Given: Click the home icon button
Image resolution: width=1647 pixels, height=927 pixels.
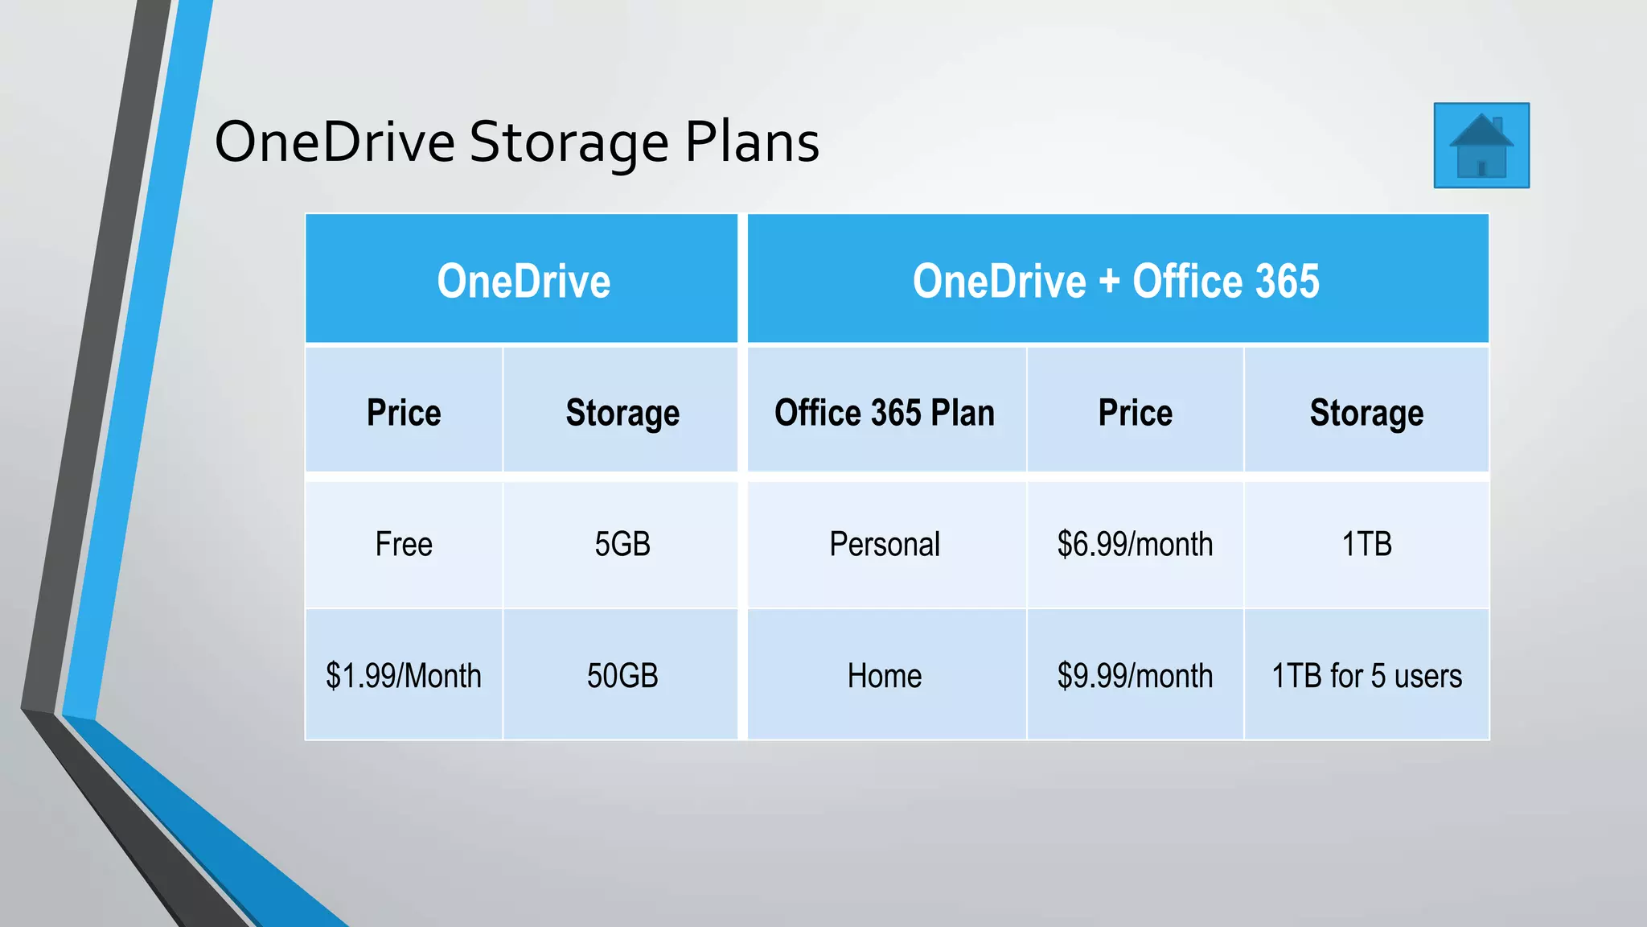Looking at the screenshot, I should (1481, 146).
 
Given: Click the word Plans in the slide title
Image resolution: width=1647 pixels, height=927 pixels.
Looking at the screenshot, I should (752, 142).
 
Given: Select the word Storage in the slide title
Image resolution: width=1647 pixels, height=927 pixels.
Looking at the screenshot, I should (569, 142).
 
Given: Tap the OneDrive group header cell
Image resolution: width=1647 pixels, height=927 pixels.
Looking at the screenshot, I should (524, 281).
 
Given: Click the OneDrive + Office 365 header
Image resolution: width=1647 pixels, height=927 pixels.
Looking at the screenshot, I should (1116, 281).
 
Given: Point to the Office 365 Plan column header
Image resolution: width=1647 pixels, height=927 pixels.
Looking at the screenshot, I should (885, 413).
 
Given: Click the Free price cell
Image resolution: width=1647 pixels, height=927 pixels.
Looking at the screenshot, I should (404, 545).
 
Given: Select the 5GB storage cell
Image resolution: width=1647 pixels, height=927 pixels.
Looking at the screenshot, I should (622, 545).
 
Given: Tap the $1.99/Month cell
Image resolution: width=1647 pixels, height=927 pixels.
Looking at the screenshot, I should (404, 676).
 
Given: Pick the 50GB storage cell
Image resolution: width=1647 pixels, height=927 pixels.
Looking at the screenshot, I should (622, 676).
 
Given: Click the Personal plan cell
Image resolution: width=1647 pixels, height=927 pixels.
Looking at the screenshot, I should (885, 545).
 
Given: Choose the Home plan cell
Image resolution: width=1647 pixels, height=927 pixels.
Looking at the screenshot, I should (885, 676).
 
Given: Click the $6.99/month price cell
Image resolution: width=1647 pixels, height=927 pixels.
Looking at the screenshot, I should (1135, 545).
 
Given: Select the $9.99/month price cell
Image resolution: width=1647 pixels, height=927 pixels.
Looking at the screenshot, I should (1135, 676).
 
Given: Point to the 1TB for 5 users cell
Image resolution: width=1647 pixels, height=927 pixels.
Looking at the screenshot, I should (1366, 676).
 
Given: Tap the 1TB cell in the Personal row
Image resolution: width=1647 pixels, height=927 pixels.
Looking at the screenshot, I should (1366, 545).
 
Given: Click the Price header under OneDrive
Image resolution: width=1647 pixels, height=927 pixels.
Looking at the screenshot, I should (404, 413).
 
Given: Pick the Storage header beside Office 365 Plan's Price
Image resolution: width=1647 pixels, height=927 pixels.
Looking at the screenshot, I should (1366, 413).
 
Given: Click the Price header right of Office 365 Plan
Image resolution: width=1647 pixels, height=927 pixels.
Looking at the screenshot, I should (1135, 413).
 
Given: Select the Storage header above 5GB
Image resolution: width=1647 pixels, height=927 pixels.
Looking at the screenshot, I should (622, 413).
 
